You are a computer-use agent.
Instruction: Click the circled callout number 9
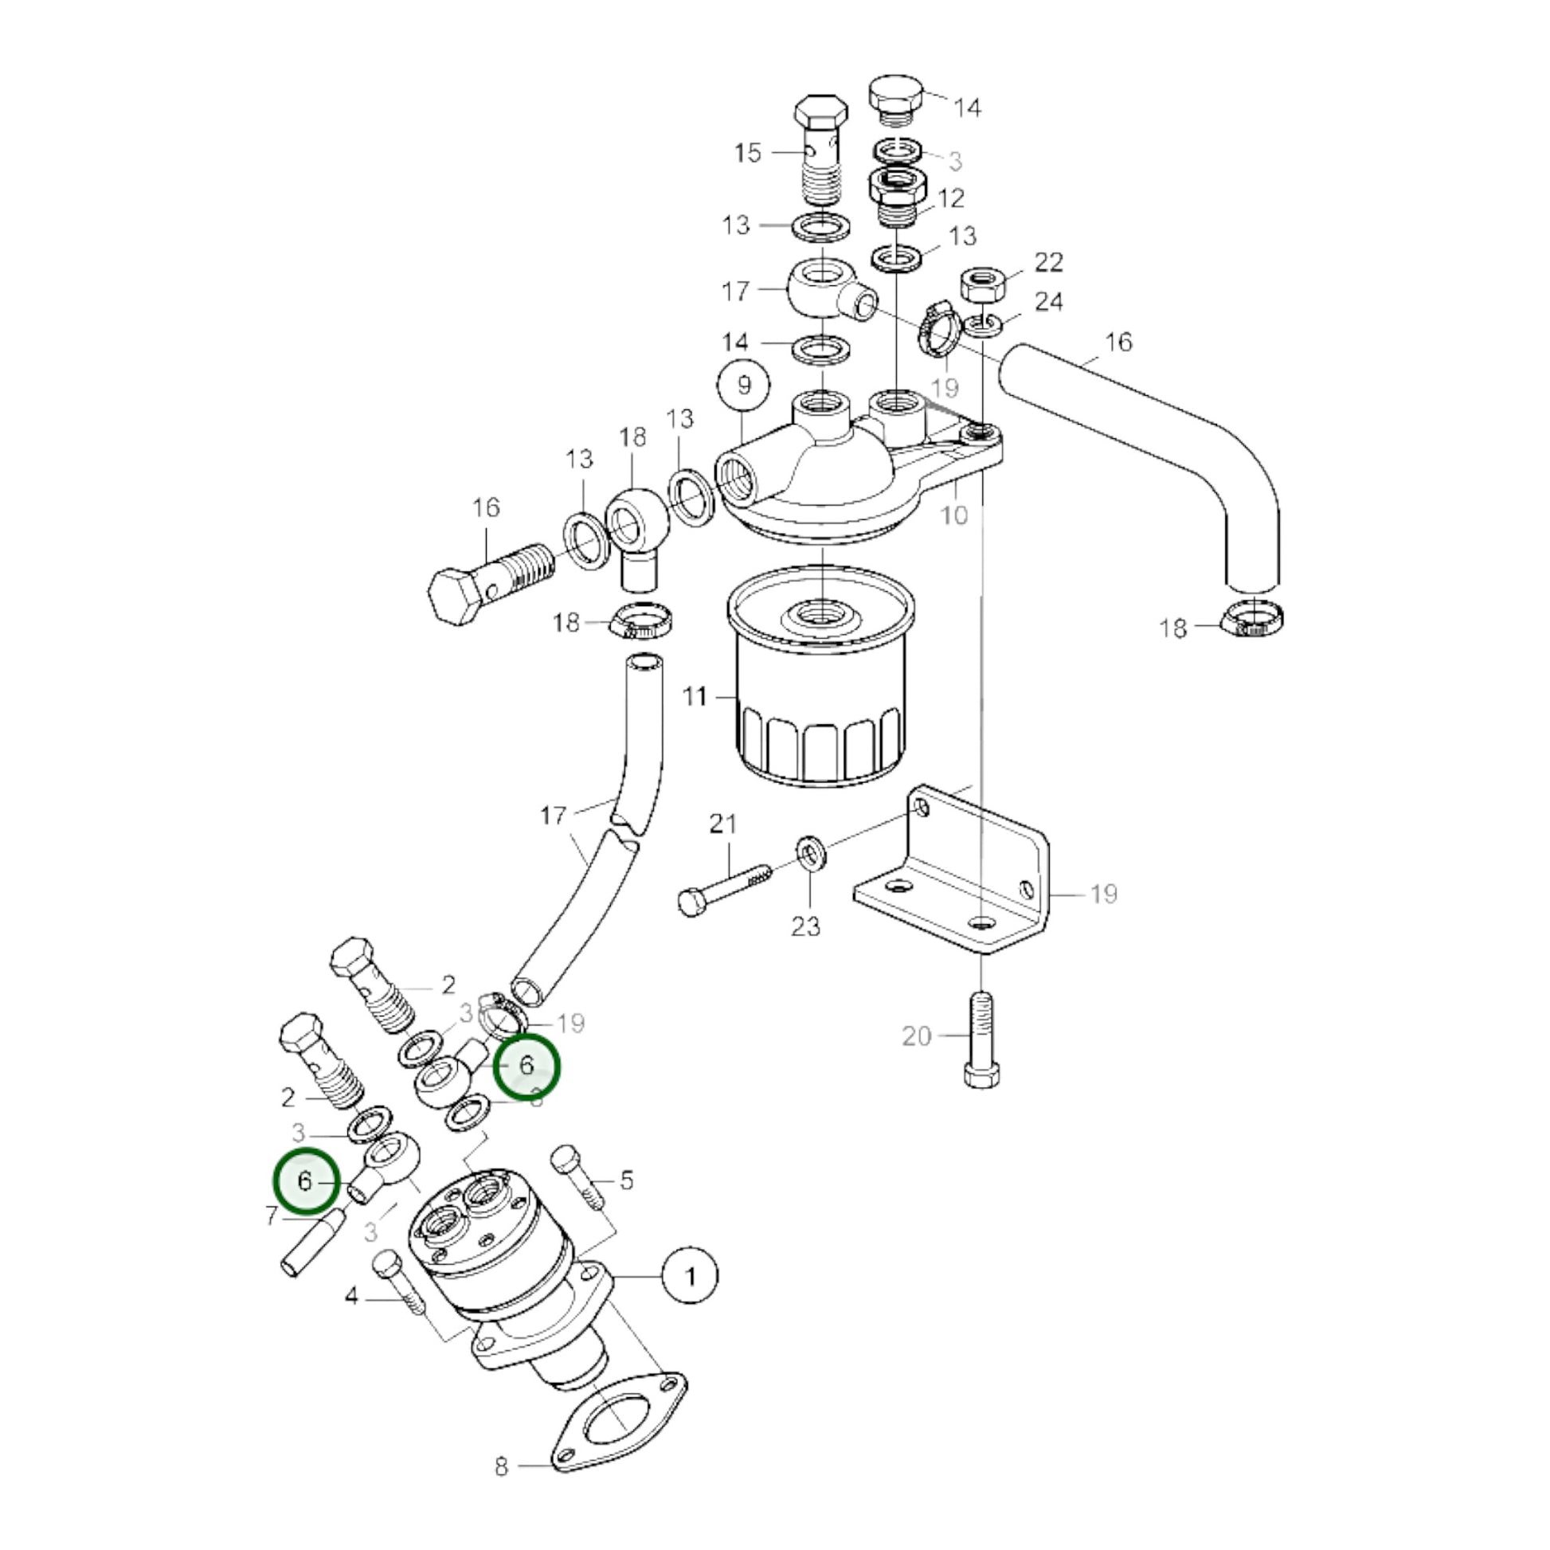point(743,386)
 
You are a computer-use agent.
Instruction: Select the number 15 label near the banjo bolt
point(748,152)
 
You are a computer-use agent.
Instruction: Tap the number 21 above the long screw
point(722,823)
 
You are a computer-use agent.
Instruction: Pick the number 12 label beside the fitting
point(951,198)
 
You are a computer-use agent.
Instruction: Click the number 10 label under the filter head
point(955,515)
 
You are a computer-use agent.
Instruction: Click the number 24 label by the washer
point(1049,302)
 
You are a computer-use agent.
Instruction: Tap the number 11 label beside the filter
point(695,696)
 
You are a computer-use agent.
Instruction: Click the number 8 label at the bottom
point(502,1489)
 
